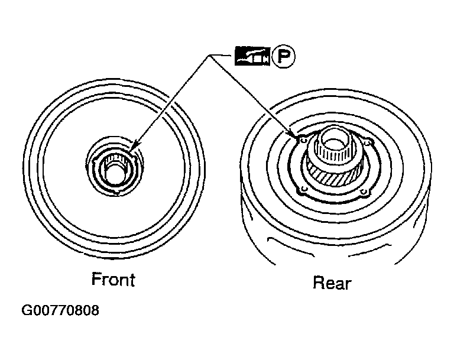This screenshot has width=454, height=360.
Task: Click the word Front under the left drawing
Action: point(113,280)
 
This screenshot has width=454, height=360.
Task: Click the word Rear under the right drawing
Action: point(332,283)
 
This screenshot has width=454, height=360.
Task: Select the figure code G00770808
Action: point(60,310)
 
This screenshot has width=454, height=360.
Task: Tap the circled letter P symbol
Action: point(284,56)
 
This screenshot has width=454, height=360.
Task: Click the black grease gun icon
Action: point(252,56)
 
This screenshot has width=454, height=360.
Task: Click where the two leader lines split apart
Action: point(209,56)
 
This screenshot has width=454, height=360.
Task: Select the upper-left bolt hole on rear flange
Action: point(303,140)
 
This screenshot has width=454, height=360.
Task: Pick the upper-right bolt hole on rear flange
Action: point(368,143)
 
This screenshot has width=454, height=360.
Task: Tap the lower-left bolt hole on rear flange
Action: point(304,190)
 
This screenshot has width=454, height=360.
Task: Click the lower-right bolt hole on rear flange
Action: point(364,192)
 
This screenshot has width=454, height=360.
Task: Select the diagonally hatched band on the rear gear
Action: point(335,177)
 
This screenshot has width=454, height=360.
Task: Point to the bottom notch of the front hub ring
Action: point(116,193)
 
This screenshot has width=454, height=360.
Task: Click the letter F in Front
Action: point(96,279)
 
